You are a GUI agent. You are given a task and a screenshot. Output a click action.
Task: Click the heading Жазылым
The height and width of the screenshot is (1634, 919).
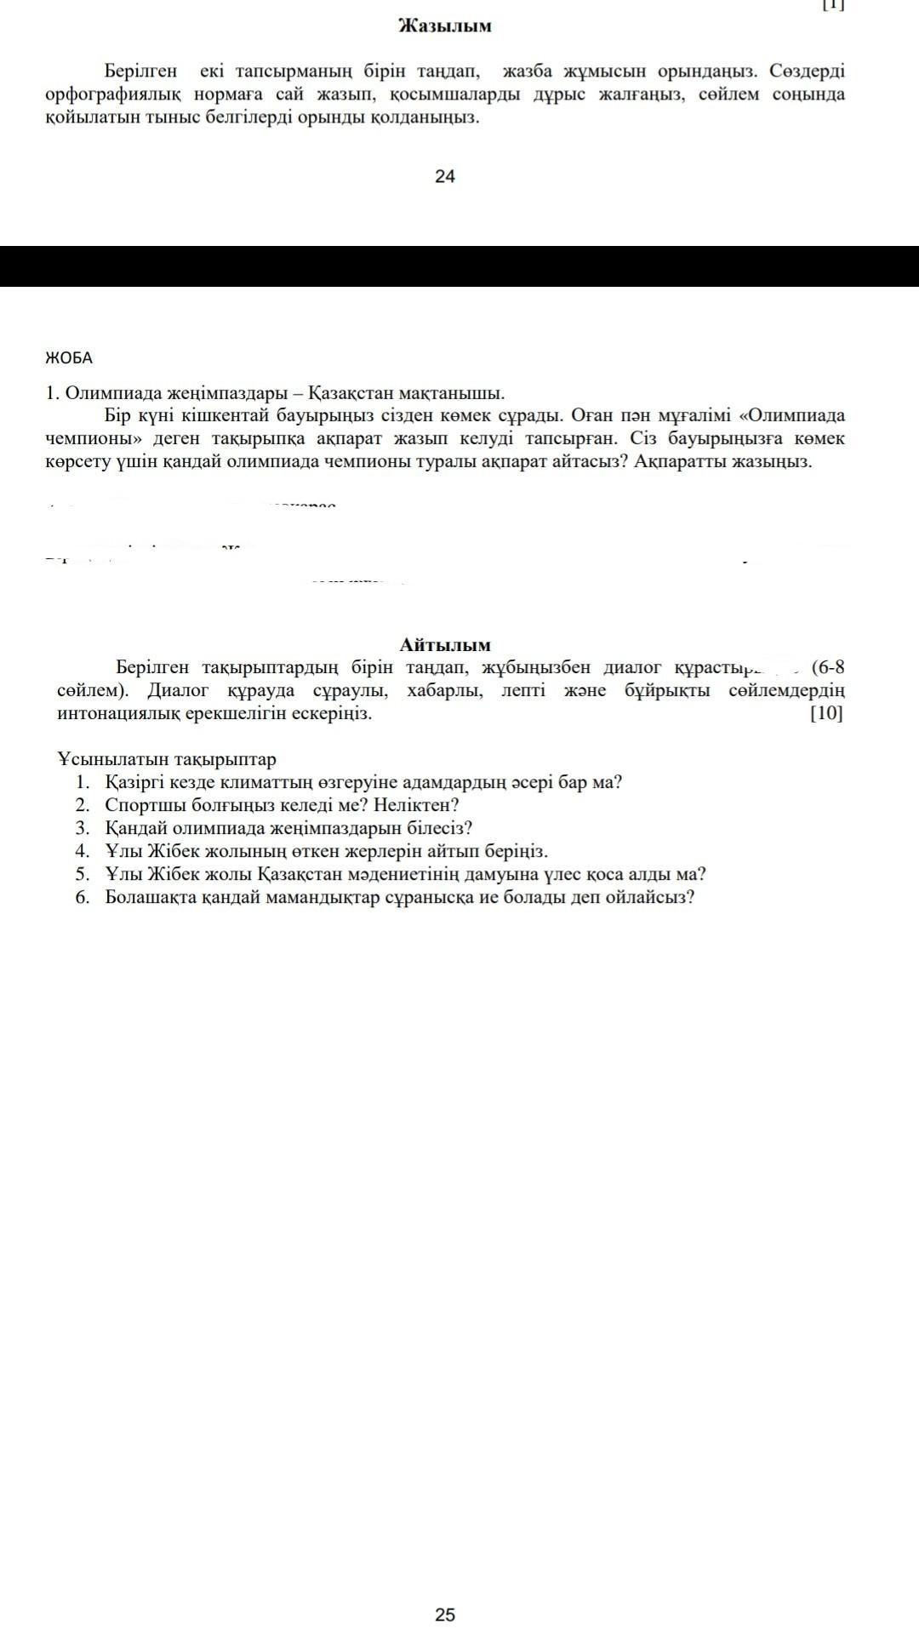444,26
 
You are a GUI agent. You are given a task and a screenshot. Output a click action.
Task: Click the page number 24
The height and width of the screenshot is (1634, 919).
444,176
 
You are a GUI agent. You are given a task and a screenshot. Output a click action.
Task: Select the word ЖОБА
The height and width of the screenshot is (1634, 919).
69,357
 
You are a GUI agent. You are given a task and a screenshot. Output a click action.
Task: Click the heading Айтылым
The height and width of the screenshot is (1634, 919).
445,645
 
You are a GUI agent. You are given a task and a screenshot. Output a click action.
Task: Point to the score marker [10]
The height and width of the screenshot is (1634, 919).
826,713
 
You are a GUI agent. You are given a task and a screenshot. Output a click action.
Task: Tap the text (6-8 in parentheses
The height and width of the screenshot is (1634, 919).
827,666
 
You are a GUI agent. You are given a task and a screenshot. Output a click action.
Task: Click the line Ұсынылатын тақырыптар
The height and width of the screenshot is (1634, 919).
167,759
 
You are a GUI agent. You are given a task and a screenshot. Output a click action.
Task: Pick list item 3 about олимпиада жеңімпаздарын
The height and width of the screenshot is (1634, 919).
288,828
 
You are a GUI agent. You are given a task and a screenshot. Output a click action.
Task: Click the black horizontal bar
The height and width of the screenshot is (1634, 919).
459,266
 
